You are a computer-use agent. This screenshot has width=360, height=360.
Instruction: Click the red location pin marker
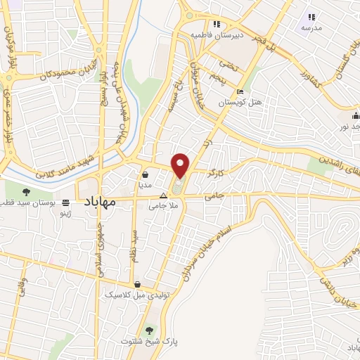(181, 165)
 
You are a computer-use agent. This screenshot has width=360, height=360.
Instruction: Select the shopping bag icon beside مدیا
(145, 175)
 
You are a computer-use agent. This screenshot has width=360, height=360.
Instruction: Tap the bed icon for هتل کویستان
(240, 91)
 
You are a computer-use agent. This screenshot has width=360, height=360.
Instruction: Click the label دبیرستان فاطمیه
(219, 34)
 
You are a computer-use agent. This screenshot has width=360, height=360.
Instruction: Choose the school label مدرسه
(311, 27)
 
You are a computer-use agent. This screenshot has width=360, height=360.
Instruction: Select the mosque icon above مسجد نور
(356, 116)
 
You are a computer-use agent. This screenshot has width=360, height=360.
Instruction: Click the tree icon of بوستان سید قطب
(26, 191)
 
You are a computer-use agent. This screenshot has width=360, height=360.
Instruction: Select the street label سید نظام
(134, 243)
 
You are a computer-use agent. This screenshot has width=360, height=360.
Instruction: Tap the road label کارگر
(216, 171)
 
